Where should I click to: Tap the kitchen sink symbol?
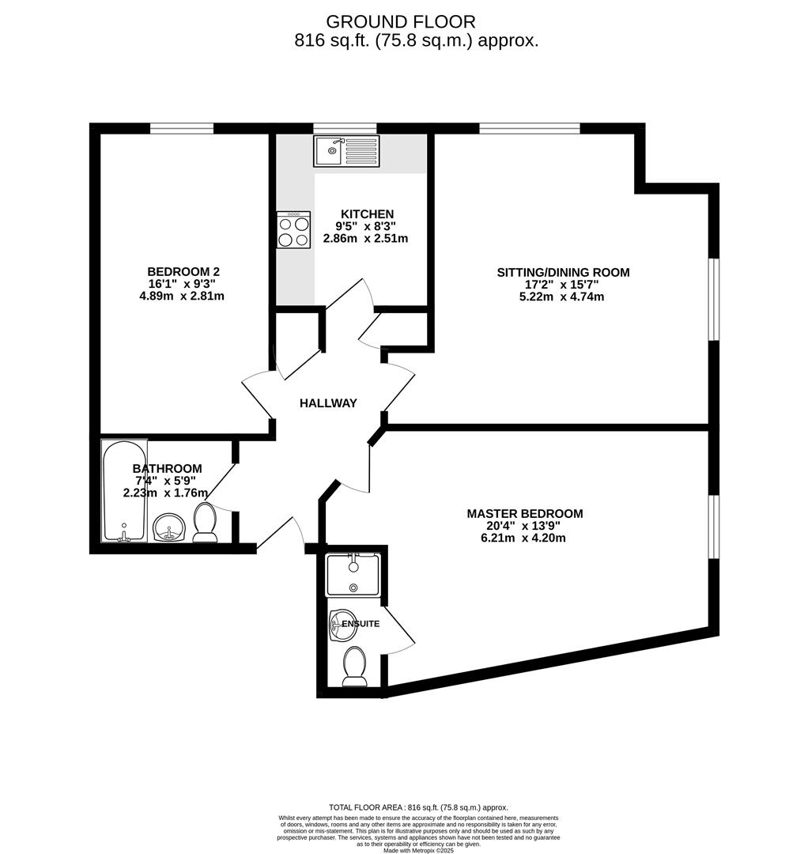(x=347, y=150)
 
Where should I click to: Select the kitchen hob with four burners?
(x=293, y=230)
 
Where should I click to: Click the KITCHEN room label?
(x=367, y=214)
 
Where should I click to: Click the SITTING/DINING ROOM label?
(x=563, y=273)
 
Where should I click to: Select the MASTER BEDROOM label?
(x=524, y=514)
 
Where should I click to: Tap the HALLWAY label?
(x=328, y=403)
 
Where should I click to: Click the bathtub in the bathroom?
(x=123, y=491)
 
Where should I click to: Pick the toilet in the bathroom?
(x=206, y=523)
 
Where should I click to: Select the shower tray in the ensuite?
(x=353, y=574)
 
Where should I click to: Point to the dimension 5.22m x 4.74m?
(x=563, y=297)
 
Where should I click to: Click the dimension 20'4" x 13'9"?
(x=524, y=526)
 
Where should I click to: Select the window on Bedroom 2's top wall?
(x=182, y=127)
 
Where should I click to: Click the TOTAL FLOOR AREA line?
(x=407, y=807)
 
